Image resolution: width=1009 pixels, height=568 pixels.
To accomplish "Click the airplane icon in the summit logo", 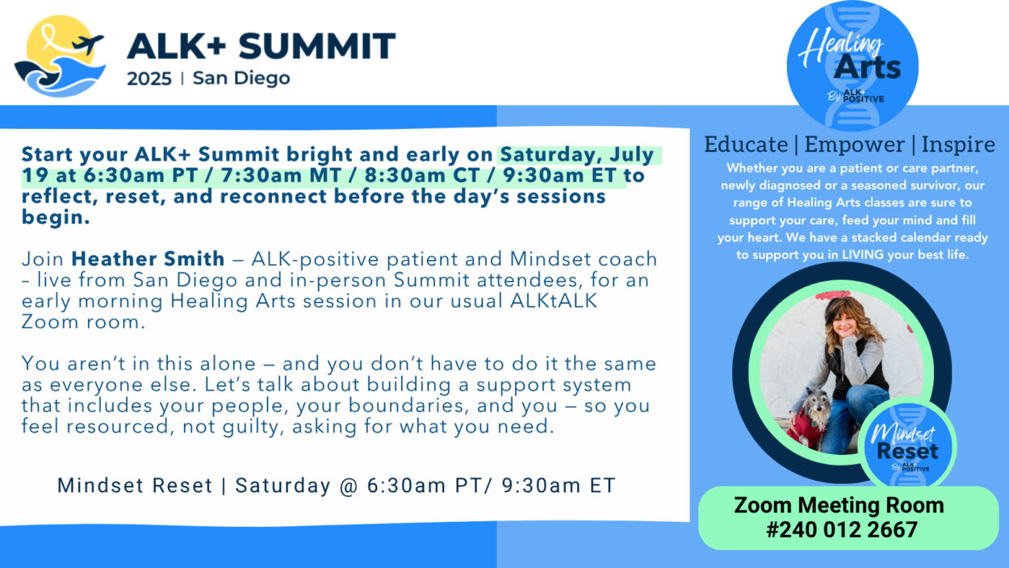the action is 88,44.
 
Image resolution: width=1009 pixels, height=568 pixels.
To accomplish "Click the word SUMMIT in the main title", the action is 316,46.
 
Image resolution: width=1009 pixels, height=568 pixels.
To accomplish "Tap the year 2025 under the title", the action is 149,79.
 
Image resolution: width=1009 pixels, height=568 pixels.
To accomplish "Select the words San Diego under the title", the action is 241,79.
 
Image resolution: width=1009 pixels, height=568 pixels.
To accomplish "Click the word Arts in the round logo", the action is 868,67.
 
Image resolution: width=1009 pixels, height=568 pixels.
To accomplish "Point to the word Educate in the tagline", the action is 746,144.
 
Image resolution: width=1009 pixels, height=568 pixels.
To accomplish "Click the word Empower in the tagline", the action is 855,145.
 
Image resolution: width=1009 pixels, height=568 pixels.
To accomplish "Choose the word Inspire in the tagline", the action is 958,145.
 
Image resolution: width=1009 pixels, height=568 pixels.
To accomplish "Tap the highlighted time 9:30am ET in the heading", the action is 559,175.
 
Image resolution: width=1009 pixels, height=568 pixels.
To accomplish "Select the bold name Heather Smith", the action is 148,259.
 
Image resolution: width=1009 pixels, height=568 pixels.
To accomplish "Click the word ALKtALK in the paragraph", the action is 554,301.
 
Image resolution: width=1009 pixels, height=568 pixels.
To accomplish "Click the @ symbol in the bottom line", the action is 349,486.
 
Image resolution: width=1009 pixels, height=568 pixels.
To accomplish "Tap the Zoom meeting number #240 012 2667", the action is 841,530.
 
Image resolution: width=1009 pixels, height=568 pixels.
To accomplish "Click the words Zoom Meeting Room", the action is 839,505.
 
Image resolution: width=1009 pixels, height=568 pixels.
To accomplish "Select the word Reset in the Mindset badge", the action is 907,450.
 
